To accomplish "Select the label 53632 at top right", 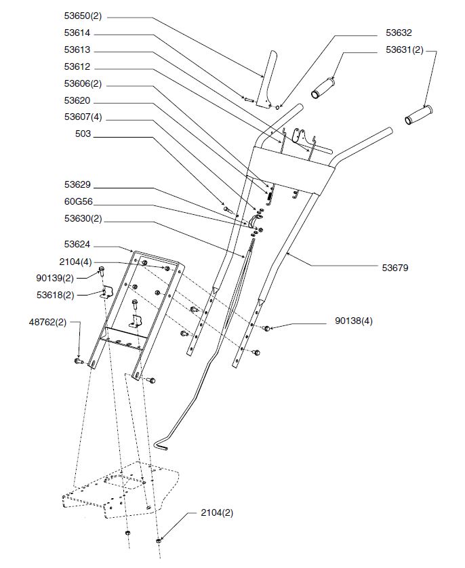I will pos(399,33).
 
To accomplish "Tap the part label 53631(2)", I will pos(405,49).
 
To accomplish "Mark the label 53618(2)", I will pos(73,294).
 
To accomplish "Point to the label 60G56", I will pos(77,201).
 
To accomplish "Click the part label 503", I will pos(83,134).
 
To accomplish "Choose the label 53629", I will pos(77,184).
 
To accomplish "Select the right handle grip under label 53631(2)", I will pos(419,115).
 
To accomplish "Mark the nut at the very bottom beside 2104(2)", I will pos(159,541).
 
